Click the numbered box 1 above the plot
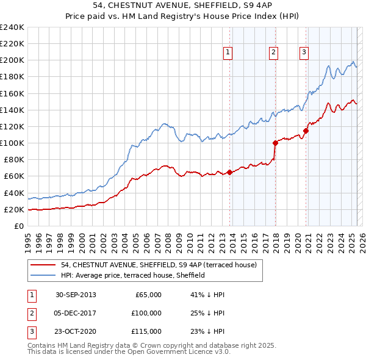tap(227, 52)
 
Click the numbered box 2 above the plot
tap(273, 52)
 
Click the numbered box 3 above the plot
tap(303, 52)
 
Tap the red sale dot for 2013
tap(230, 172)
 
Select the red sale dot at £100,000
tap(275, 143)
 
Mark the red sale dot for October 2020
tap(306, 131)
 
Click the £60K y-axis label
tap(13, 176)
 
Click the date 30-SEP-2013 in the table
tap(76, 295)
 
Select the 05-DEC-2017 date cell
tap(76, 313)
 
